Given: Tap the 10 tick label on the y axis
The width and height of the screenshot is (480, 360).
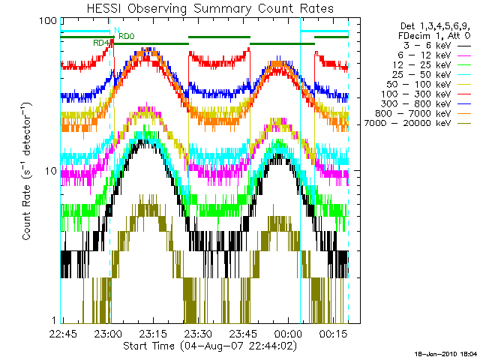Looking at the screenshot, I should (x=50, y=172).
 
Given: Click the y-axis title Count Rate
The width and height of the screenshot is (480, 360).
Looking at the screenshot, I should (x=28, y=172).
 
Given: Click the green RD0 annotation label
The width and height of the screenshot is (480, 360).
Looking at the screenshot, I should (x=126, y=36).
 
